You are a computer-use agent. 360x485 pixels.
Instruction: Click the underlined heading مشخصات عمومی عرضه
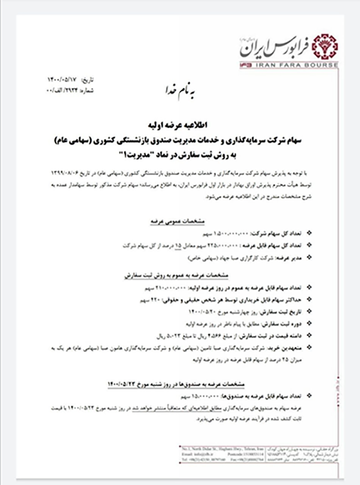click(x=176, y=221)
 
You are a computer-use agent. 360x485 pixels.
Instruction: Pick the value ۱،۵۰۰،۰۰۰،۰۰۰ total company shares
click(x=222, y=233)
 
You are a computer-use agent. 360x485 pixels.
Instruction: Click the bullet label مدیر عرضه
click(x=295, y=257)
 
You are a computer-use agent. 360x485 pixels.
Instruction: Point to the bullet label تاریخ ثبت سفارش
click(x=283, y=312)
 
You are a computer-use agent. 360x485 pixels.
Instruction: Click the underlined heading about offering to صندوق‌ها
click(x=176, y=384)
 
